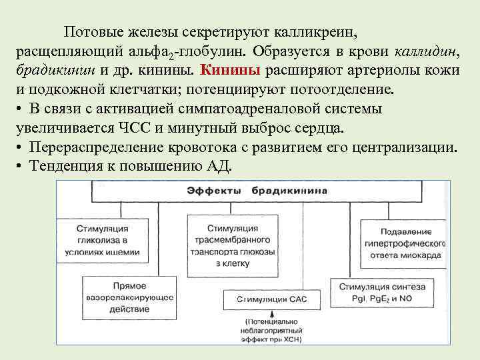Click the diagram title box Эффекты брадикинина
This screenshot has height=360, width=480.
coord(257,191)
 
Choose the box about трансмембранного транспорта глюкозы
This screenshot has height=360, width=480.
coord(233,245)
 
